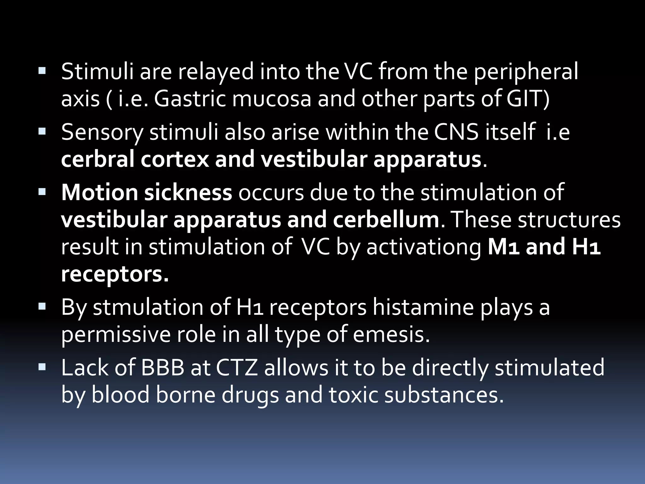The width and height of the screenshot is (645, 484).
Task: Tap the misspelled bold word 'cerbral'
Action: coord(97,159)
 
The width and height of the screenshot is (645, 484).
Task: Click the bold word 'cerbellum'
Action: coord(386,220)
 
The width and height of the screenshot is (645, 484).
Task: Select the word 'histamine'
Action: coord(423,307)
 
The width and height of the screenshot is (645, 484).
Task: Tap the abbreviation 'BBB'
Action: coord(163,367)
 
